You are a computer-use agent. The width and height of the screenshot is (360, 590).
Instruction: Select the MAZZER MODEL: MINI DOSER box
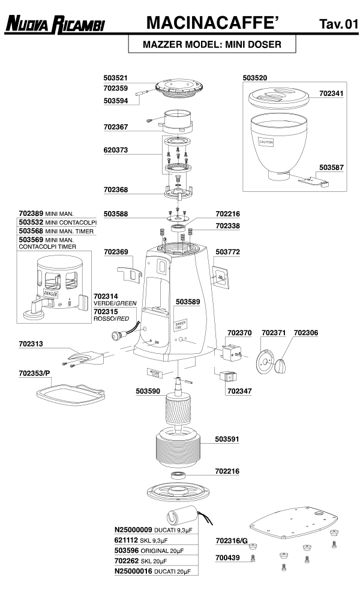point(204,44)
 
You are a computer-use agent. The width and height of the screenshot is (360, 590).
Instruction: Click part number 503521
point(116,78)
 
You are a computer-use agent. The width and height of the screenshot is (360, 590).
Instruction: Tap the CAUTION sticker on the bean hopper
point(266,142)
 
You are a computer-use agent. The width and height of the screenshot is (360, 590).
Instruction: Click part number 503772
point(227,252)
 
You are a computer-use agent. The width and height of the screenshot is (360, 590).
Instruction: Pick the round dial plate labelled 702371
point(263,362)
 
